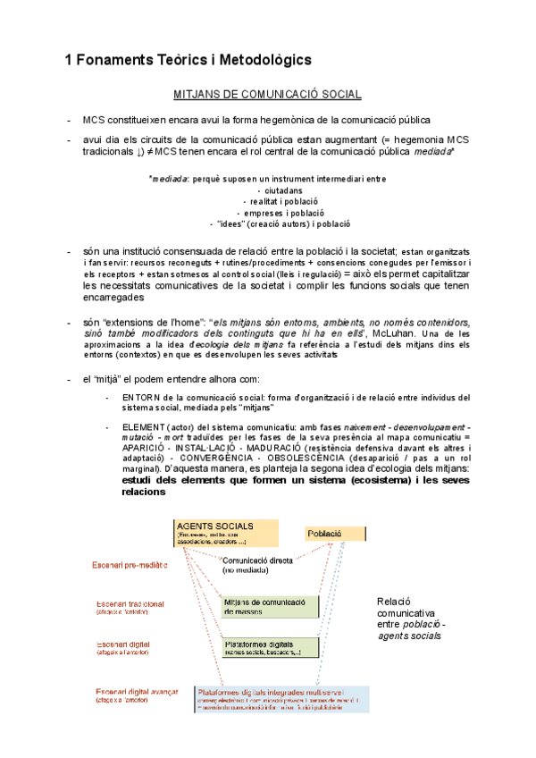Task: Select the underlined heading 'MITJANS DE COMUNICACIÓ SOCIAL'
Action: (x=266, y=95)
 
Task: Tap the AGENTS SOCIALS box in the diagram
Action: (x=226, y=533)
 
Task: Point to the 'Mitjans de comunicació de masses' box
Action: (x=270, y=606)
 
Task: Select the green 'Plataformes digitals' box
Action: (x=270, y=648)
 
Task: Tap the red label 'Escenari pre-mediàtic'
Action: (x=133, y=565)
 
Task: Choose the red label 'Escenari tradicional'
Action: (x=130, y=603)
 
